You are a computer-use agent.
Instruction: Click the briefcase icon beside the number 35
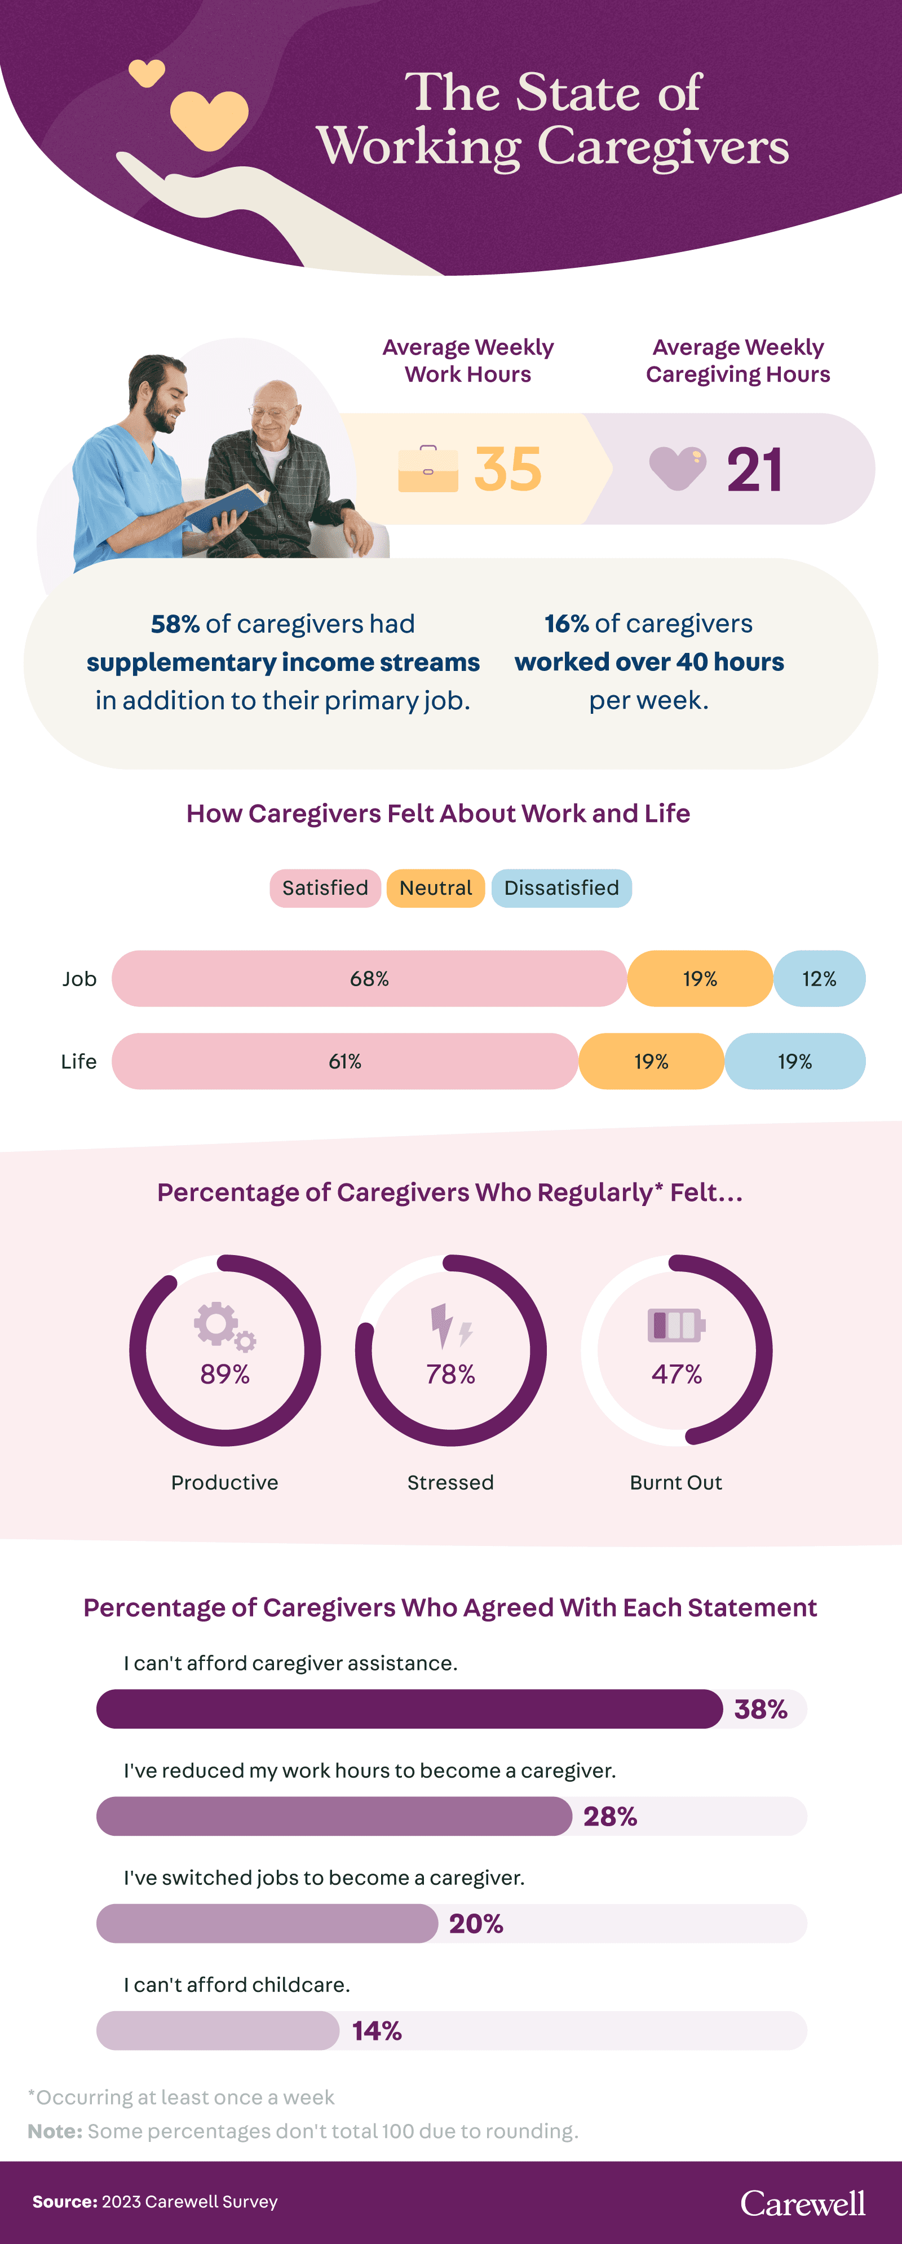tap(427, 470)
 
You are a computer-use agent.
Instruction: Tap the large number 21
tap(754, 470)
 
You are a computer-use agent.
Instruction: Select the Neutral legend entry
tap(435, 887)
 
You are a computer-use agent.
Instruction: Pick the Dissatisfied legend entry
tap(561, 887)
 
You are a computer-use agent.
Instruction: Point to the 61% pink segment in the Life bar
tap(345, 1061)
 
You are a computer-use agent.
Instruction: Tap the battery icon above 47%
tap(675, 1325)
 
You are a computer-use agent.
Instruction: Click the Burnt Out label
tap(675, 1483)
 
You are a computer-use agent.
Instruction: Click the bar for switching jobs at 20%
tap(267, 1923)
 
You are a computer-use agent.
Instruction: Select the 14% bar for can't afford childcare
tap(218, 2030)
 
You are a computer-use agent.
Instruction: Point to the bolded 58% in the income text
tap(175, 624)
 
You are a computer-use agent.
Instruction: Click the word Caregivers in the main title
tap(662, 147)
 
